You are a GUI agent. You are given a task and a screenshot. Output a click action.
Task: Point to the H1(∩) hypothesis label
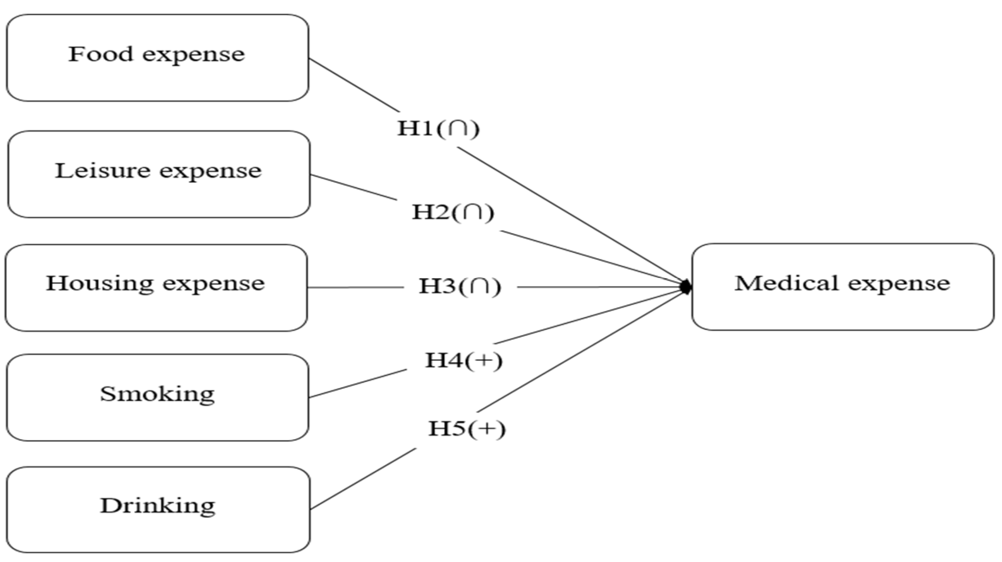pyautogui.click(x=438, y=128)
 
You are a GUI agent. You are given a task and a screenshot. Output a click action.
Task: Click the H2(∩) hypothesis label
pyautogui.click(x=453, y=212)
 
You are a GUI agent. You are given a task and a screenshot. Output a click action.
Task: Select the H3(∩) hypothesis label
pyautogui.click(x=460, y=286)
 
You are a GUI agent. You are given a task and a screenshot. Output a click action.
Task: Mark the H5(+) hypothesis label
pyautogui.click(x=467, y=429)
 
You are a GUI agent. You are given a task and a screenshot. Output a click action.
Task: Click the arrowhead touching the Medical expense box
pyautogui.click(x=685, y=287)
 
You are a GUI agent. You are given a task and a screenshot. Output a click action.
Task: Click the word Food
pyautogui.click(x=100, y=54)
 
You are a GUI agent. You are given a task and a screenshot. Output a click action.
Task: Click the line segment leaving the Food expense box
pyautogui.click(x=354, y=85)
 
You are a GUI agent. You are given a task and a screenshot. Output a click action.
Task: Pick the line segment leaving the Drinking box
pyautogui.click(x=363, y=479)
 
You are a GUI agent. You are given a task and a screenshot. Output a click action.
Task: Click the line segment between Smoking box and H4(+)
pyautogui.click(x=357, y=384)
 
